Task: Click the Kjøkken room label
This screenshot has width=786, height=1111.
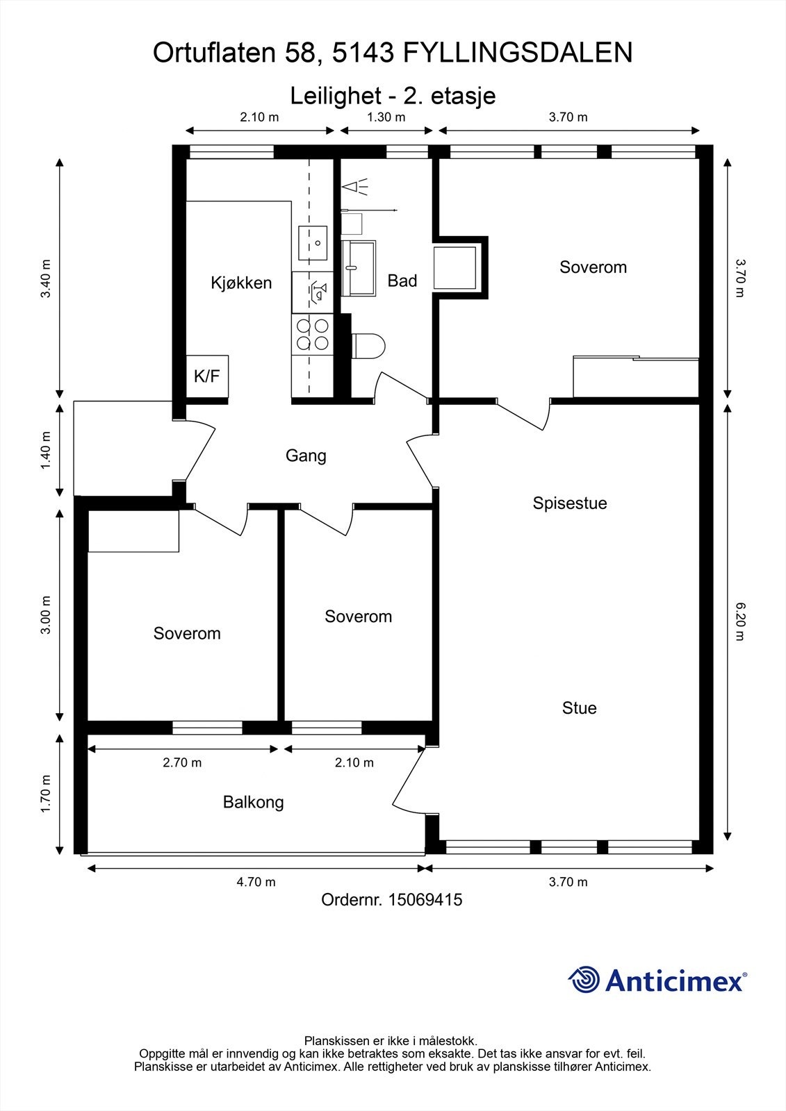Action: pos(241,283)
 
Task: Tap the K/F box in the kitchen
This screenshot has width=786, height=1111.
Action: pos(206,376)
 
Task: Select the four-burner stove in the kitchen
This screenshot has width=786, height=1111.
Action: pos(312,333)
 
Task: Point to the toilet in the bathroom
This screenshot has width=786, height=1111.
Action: pos(368,346)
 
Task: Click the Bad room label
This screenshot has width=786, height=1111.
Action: pos(402,281)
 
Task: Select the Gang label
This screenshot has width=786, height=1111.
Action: pos(306,456)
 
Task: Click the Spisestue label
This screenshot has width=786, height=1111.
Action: pos(570,503)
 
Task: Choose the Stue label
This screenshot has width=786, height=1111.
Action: pos(579,708)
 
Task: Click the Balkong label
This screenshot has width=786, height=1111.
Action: pos(253,802)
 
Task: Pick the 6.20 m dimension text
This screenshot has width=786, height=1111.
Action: pos(739,621)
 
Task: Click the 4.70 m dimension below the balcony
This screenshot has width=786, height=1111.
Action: pos(256,882)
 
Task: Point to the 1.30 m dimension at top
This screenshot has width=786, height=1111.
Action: pos(386,117)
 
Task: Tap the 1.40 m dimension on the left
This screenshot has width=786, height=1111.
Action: pos(46,450)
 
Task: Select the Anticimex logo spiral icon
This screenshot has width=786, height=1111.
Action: pos(584,980)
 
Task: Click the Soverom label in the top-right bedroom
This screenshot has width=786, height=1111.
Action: pos(593,267)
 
